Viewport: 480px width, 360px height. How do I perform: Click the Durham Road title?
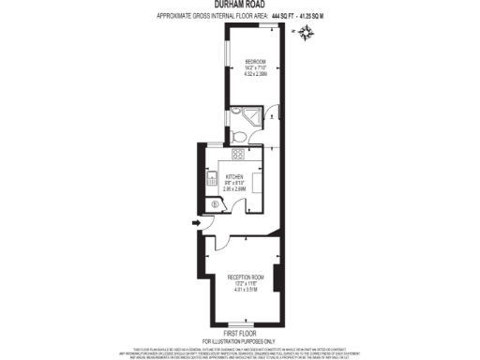pyautogui.click(x=240, y=5)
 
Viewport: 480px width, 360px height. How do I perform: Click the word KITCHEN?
pyautogui.click(x=233, y=174)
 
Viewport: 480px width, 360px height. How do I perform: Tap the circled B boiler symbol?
pyautogui.click(x=215, y=204)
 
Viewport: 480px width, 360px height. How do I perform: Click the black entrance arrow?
pyautogui.click(x=194, y=222)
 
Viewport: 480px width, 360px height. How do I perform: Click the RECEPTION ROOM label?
pyautogui.click(x=245, y=277)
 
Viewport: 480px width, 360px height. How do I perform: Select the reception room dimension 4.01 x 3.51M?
pyautogui.click(x=245, y=290)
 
